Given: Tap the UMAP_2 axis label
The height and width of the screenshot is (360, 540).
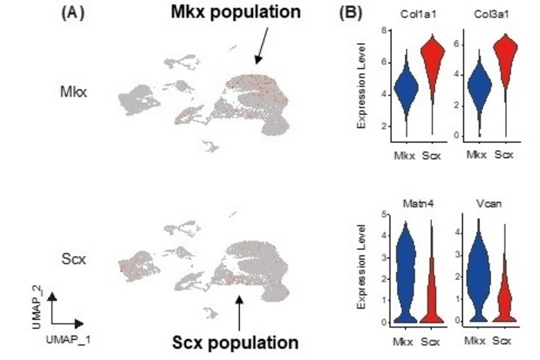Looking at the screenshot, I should [39, 304].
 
